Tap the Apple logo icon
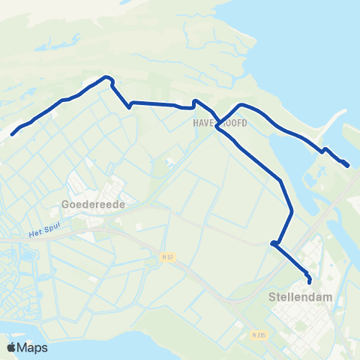click(12, 346)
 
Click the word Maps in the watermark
click(33, 347)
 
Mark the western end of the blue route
click(12, 136)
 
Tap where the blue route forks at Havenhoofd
click(217, 128)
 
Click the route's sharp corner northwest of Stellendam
click(274, 243)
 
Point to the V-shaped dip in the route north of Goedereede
click(129, 106)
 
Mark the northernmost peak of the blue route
click(109, 76)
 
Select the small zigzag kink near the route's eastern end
click(325, 150)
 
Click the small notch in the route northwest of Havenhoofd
click(194, 101)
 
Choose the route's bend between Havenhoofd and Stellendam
click(281, 181)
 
